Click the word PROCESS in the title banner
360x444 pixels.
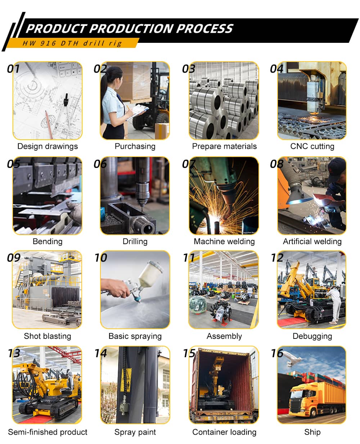[x=204, y=28]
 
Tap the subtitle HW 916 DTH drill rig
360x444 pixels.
[x=72, y=43]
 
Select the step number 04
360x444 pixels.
[x=276, y=69]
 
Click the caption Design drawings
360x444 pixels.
[x=48, y=146]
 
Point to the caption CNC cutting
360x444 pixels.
[x=312, y=146]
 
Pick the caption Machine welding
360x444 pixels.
[x=224, y=241]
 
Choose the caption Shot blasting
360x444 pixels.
[x=48, y=336]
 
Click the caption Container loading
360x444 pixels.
[x=224, y=432]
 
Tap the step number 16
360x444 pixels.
[x=277, y=353]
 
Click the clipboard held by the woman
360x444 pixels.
[x=138, y=112]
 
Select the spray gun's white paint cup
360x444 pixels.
[x=151, y=273]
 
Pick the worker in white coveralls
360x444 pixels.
[x=334, y=305]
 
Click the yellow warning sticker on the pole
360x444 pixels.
[x=126, y=380]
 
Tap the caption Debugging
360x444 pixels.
[x=312, y=336]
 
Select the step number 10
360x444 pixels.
[x=101, y=257]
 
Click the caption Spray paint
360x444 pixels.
[x=135, y=432]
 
